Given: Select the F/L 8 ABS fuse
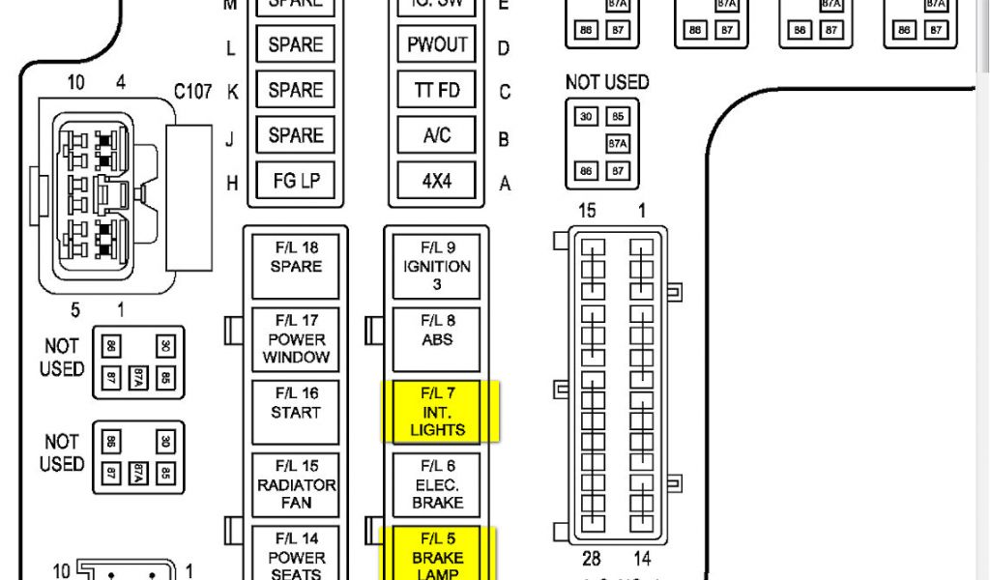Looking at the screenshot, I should tap(437, 339).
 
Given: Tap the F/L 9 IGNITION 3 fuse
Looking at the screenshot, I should tap(437, 266).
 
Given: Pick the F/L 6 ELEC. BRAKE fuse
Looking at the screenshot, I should tap(437, 484).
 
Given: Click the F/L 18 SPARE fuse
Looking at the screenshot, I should tap(296, 266).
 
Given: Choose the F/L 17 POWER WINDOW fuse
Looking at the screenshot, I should tap(296, 339).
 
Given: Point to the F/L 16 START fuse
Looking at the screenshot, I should tap(296, 412).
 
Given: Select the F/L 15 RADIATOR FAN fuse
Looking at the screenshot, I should tap(296, 484).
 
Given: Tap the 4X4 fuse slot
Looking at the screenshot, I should tap(437, 181).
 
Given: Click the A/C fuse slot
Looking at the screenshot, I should tap(437, 135).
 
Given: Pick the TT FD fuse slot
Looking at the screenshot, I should tap(437, 90).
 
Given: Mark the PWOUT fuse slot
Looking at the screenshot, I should tap(437, 44).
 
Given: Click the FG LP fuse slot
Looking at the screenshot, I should tap(296, 181).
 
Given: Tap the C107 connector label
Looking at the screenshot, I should tap(192, 92).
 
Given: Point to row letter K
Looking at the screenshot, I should tap(232, 92).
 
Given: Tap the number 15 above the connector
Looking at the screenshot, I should tap(587, 211).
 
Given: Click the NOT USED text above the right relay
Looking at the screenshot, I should tap(606, 83).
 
